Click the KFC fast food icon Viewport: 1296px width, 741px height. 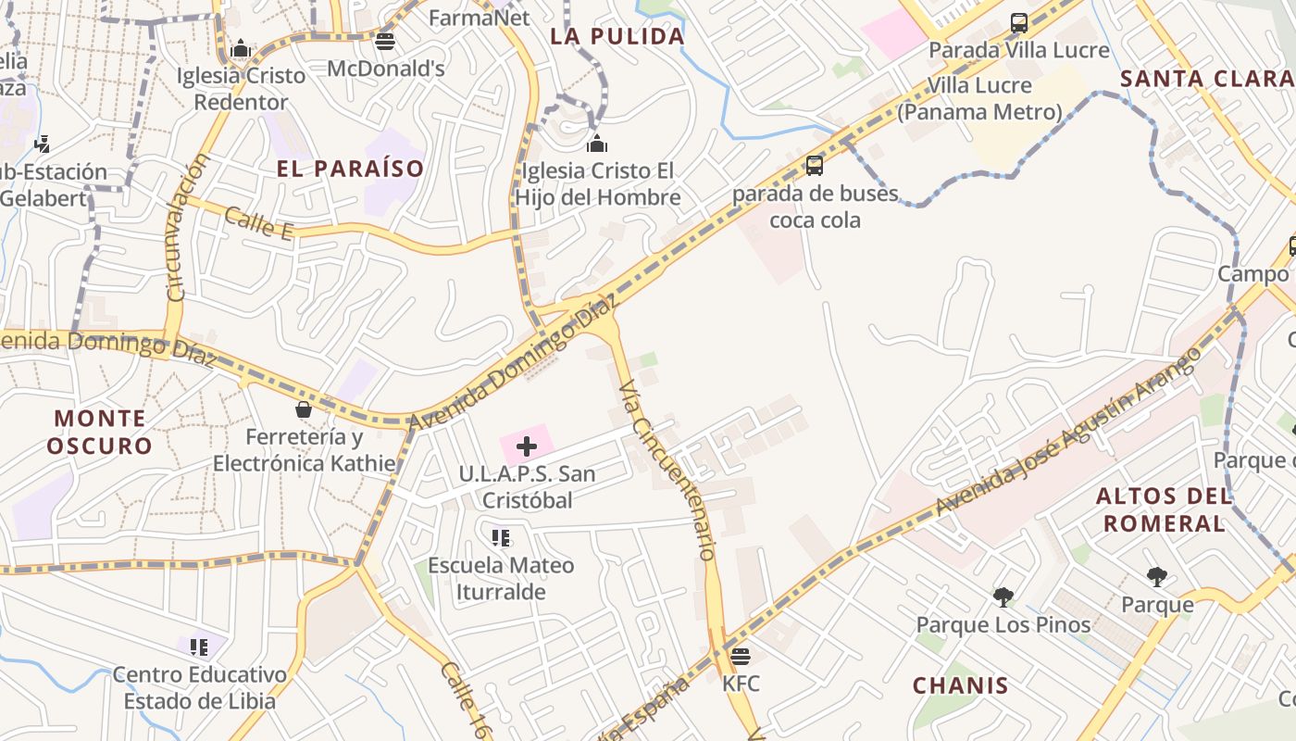[740, 657]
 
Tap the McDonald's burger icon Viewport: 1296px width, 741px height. [385, 42]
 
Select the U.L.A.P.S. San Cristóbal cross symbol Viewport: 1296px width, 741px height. [527, 446]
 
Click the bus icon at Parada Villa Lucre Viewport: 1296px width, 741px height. [1019, 22]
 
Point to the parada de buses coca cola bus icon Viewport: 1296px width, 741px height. [815, 166]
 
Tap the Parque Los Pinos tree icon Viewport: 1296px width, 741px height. [1003, 597]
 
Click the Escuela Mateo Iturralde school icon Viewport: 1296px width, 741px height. [501, 537]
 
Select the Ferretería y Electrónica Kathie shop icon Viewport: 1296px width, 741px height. [303, 408]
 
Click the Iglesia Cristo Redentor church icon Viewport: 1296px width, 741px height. [241, 48]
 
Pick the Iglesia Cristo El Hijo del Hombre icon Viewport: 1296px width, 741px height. [597, 144]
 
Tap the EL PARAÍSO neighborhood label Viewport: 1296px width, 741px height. [350, 169]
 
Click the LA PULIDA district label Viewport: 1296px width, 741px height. [617, 37]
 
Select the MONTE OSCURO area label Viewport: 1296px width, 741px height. [99, 432]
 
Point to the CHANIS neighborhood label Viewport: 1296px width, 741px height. [960, 685]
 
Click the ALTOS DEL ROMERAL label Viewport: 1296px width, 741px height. [1164, 509]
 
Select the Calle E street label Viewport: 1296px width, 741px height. [258, 223]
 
